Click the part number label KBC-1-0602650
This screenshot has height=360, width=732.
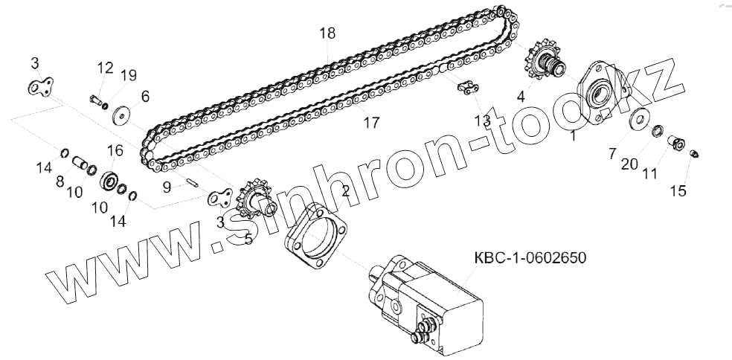[530, 258]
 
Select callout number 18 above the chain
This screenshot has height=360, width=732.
[327, 33]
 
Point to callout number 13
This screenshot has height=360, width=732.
[482, 120]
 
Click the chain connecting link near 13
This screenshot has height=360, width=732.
[466, 89]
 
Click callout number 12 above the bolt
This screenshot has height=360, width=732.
[104, 69]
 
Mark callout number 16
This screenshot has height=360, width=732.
[115, 151]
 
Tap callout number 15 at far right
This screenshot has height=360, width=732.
[678, 191]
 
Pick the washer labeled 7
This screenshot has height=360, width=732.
[638, 120]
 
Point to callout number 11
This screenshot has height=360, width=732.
[649, 175]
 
